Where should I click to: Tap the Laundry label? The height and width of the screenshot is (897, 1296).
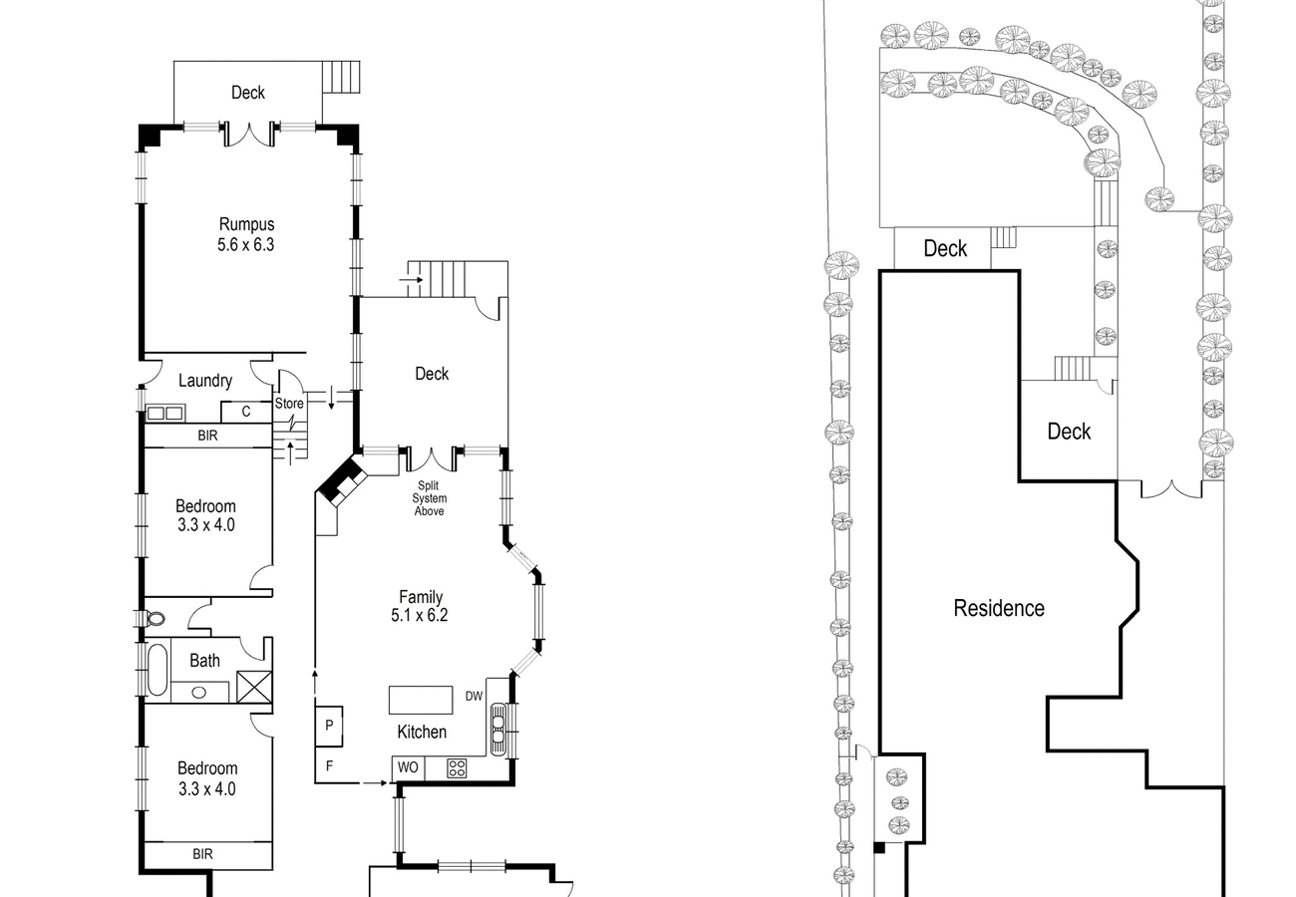pyautogui.click(x=205, y=381)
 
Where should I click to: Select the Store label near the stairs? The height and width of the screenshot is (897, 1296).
pyautogui.click(x=289, y=403)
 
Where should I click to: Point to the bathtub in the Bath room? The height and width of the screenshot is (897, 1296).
pyautogui.click(x=158, y=669)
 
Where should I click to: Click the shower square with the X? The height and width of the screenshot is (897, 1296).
pyautogui.click(x=254, y=687)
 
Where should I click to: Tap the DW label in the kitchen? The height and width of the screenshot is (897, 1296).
pyautogui.click(x=474, y=697)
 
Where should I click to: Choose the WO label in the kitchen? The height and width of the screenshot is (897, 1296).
pyautogui.click(x=408, y=767)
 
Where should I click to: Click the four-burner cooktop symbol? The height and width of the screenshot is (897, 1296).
pyautogui.click(x=457, y=768)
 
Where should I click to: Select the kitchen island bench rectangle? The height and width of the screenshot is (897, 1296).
pyautogui.click(x=421, y=700)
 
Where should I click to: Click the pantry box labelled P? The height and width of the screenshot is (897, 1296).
pyautogui.click(x=329, y=726)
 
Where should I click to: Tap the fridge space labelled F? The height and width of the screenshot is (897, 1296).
pyautogui.click(x=329, y=765)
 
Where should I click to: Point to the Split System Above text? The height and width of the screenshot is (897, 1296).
pyautogui.click(x=429, y=498)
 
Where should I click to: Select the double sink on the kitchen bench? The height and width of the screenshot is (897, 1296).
pyautogui.click(x=498, y=729)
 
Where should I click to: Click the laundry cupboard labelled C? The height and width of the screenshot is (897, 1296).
pyautogui.click(x=246, y=412)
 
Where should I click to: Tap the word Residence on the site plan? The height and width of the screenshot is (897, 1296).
pyautogui.click(x=999, y=608)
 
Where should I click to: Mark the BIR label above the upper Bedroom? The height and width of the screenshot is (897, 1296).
pyautogui.click(x=207, y=436)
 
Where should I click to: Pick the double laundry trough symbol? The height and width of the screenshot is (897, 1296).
pyautogui.click(x=165, y=413)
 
